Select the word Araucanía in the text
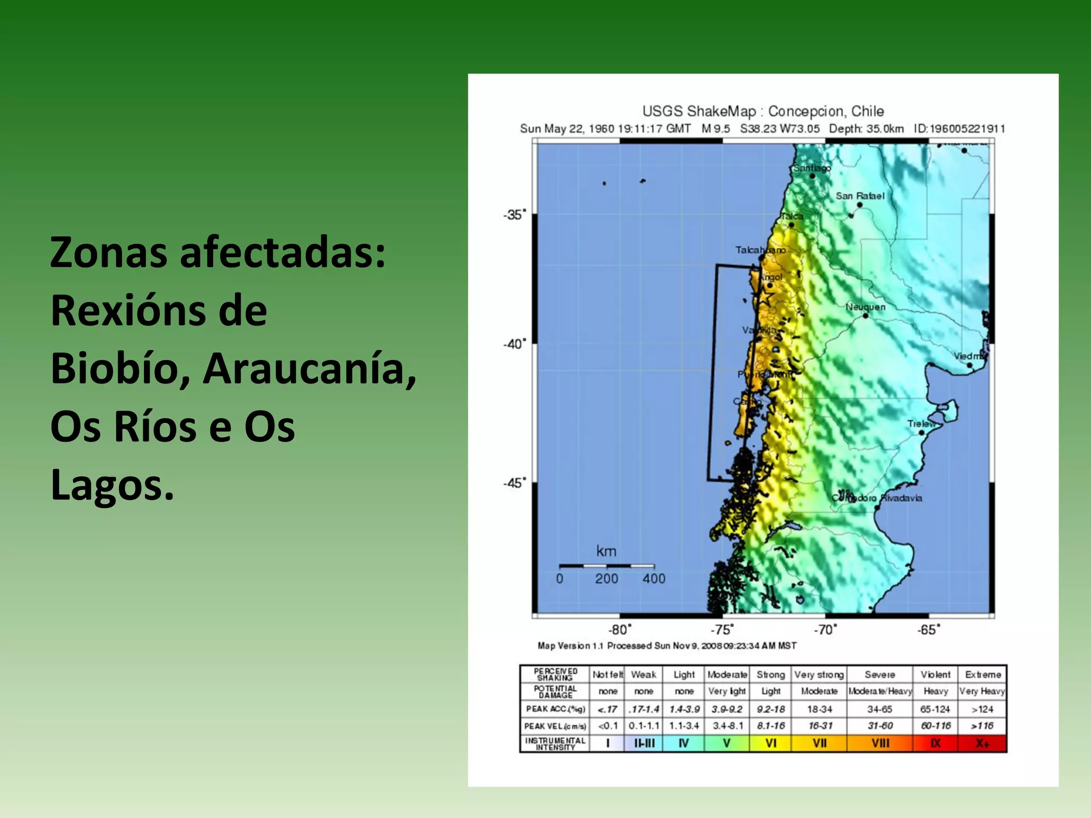pyautogui.click(x=310, y=369)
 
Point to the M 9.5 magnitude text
pyautogui.click(x=715, y=128)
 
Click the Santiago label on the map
pyautogui.click(x=812, y=168)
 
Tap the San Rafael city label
pyautogui.click(x=859, y=196)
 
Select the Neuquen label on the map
pyautogui.click(x=865, y=307)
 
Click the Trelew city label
pyautogui.click(x=922, y=424)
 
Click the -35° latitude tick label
pyautogui.click(x=514, y=215)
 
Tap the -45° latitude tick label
pyautogui.click(x=514, y=483)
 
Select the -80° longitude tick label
pyautogui.click(x=620, y=630)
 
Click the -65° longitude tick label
pyautogui.click(x=929, y=630)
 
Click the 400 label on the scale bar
pyautogui.click(x=654, y=579)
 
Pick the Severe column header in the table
pyautogui.click(x=880, y=675)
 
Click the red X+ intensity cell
pyautogui.click(x=982, y=743)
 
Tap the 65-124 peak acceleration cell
pyautogui.click(x=935, y=709)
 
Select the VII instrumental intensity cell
pyautogui.click(x=819, y=743)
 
